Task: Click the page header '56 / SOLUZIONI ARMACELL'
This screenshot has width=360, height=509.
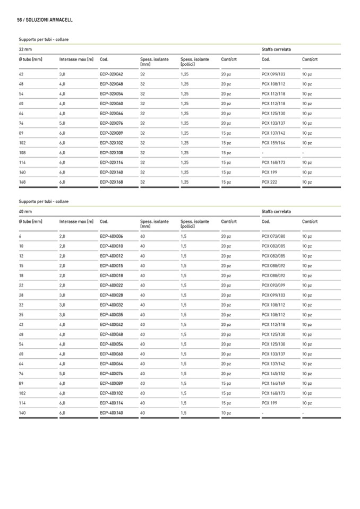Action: (x=45, y=20)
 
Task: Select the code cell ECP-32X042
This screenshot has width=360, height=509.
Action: (x=112, y=74)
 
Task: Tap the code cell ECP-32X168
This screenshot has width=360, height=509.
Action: (x=112, y=182)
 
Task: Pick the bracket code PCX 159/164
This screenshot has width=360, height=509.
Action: (x=273, y=143)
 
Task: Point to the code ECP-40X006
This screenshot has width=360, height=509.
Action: (x=112, y=236)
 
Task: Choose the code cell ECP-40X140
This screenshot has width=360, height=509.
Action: (x=112, y=412)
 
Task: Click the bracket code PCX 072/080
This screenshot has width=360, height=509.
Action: (x=273, y=236)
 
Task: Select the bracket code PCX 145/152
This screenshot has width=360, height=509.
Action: (x=273, y=374)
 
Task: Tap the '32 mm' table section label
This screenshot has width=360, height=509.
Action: (x=25, y=49)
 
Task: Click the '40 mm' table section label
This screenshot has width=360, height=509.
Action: (x=25, y=211)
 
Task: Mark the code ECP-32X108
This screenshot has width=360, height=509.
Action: (x=112, y=153)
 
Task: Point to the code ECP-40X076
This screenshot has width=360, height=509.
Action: (x=112, y=374)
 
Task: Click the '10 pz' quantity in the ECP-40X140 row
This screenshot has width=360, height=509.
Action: (x=226, y=412)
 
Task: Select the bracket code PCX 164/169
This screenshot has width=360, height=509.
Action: (x=273, y=383)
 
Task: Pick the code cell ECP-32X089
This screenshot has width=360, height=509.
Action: (x=112, y=133)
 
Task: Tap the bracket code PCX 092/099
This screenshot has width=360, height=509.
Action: (x=273, y=285)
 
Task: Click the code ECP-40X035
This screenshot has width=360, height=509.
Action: (x=112, y=315)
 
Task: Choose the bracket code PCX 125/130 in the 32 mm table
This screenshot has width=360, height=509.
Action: (x=273, y=114)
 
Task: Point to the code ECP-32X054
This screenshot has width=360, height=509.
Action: (x=112, y=94)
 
